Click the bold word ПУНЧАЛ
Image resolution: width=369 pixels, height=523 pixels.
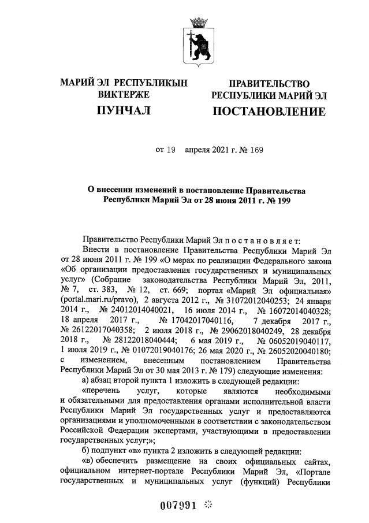(124, 111)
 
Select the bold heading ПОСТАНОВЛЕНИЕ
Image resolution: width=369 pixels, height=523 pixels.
(269, 111)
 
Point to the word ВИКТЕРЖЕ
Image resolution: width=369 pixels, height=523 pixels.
(124, 94)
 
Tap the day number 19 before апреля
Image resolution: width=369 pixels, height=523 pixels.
(170, 151)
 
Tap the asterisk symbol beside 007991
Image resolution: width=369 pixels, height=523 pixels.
(208, 505)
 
